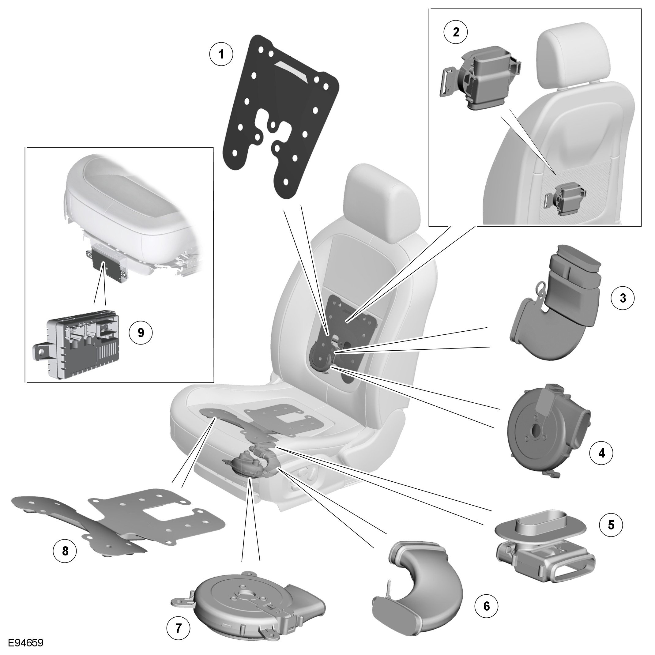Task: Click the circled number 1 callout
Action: coord(221,54)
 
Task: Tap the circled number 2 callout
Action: coord(456,32)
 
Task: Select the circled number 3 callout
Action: coord(623,298)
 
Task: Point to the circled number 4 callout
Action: coord(602,453)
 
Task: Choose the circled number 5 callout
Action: coord(611,525)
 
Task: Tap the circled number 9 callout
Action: coord(141,333)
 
